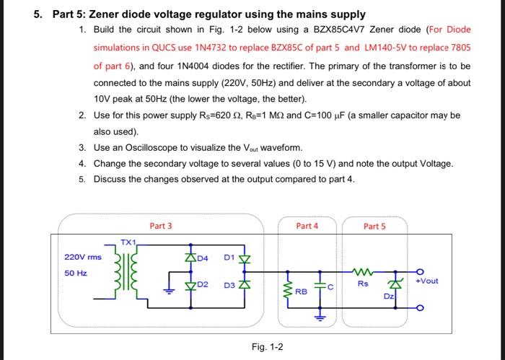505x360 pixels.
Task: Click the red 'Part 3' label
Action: click(160, 226)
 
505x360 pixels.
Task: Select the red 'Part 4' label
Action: click(307, 226)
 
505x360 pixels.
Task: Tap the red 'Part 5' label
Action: click(374, 226)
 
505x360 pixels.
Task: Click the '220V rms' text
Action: click(83, 257)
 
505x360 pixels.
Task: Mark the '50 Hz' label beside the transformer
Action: click(76, 273)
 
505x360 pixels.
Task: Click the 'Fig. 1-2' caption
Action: click(268, 347)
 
